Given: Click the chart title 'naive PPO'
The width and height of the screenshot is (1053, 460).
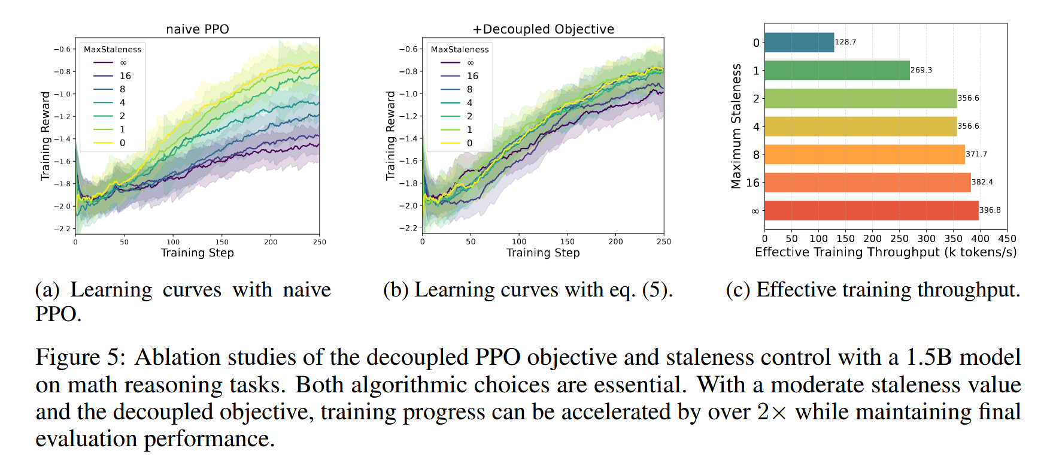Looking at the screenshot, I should (x=197, y=29).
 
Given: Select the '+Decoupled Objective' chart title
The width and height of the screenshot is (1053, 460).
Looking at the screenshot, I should (x=543, y=29).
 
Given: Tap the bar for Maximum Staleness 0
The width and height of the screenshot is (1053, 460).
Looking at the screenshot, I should (x=799, y=43).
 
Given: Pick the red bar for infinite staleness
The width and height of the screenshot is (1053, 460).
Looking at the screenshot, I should (x=871, y=211).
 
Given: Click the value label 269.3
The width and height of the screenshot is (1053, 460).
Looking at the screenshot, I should (x=921, y=70).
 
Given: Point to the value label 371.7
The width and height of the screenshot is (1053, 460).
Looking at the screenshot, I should (x=976, y=154).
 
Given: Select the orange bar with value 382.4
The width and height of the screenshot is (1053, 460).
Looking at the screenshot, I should (x=867, y=183).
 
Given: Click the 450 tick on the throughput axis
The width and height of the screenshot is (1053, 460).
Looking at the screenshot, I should (x=1007, y=238).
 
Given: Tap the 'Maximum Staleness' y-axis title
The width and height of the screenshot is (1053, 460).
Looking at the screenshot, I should (x=736, y=126).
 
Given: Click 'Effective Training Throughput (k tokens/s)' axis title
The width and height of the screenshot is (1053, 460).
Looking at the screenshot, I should (x=885, y=252).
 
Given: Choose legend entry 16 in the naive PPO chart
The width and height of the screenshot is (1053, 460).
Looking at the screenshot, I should (x=125, y=76).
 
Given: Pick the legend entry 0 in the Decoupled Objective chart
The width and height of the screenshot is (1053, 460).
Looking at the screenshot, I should (x=469, y=143).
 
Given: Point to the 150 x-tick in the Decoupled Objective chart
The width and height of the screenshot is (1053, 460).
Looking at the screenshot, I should (x=567, y=242).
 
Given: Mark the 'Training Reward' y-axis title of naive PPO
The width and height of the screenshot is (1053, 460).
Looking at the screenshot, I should (x=45, y=135).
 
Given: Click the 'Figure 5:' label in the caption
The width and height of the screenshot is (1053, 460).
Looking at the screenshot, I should (x=80, y=358).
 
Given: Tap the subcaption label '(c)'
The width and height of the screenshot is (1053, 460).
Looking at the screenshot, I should (x=738, y=290).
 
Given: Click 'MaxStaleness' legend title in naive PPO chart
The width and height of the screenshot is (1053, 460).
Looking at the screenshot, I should (x=113, y=50).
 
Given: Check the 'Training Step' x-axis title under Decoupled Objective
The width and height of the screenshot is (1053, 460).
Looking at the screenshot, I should (x=543, y=253).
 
